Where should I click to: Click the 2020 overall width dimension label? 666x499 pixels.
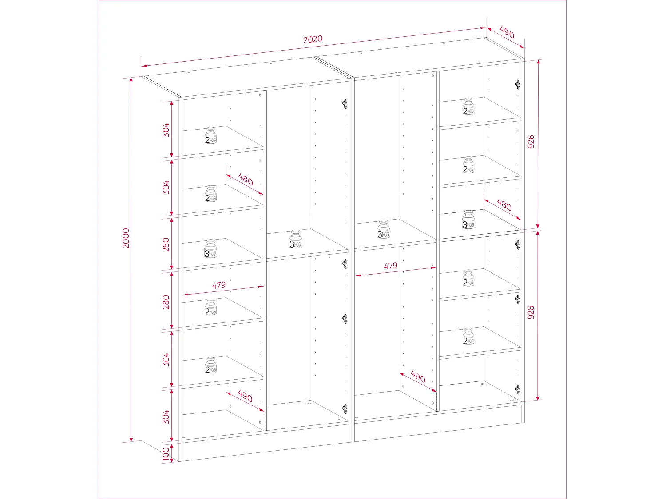(313, 39)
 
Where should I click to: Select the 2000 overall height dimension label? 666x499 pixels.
(126, 238)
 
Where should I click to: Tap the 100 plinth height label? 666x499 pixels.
(166, 454)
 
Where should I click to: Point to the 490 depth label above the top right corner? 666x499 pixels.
(507, 33)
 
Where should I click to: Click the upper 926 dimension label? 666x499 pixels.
(531, 141)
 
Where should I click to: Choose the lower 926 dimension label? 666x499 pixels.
(531, 313)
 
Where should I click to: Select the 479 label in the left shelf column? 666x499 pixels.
(218, 286)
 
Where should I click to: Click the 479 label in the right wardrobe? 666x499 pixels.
(390, 266)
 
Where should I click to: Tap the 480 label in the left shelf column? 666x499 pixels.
(246, 180)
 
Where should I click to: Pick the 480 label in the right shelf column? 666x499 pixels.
(504, 204)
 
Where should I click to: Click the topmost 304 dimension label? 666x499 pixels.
(166, 130)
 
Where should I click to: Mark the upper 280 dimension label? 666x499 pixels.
(166, 244)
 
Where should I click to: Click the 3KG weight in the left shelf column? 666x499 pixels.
(210, 249)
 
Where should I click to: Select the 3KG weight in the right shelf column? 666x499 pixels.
(468, 220)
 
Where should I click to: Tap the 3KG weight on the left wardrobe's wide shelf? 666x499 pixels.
(296, 240)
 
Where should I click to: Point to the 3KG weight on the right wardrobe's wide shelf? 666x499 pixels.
(384, 229)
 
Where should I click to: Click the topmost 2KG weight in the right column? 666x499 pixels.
(468, 107)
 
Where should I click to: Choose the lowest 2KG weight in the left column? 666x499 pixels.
(210, 365)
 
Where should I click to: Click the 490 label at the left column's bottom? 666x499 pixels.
(245, 396)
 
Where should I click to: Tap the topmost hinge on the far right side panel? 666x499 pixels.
(518, 84)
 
